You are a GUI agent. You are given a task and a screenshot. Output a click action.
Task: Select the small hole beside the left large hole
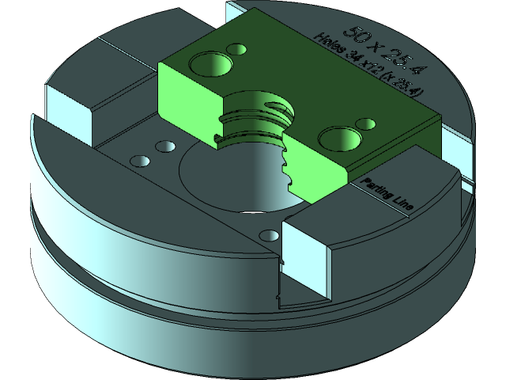tap(236, 49)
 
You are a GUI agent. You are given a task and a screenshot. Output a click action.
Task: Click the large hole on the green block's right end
tap(339, 139)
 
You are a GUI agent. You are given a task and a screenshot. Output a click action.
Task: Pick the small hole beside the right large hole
tap(366, 124)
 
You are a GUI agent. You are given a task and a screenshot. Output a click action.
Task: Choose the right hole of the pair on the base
tap(165, 147)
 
